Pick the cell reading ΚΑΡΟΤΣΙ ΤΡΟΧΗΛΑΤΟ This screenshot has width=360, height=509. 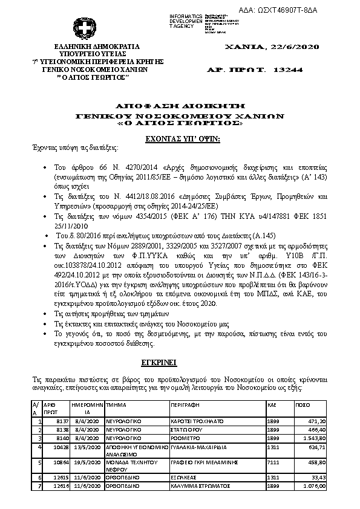tap(195, 421)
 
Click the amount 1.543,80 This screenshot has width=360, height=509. tap(315, 438)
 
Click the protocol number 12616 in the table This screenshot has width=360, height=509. tap(53, 485)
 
